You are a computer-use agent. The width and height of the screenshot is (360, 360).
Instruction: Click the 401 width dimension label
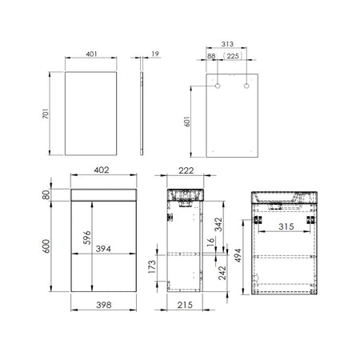(x=91, y=54)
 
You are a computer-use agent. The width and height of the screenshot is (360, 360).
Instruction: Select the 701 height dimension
(x=46, y=114)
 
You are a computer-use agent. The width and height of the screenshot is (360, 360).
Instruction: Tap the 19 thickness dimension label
(x=155, y=54)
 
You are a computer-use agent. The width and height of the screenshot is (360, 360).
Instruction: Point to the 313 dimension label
(x=227, y=44)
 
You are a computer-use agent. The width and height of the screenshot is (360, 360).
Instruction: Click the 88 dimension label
(x=211, y=56)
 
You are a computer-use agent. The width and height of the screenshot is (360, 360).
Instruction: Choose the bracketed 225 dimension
(x=233, y=56)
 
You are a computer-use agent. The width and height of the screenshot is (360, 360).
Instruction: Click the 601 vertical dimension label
(x=187, y=122)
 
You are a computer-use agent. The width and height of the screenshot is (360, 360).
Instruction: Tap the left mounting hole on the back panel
(x=218, y=86)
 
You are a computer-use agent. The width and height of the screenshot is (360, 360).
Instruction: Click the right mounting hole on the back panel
(x=246, y=86)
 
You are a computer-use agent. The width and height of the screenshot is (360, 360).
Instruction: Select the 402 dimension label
(x=102, y=170)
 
